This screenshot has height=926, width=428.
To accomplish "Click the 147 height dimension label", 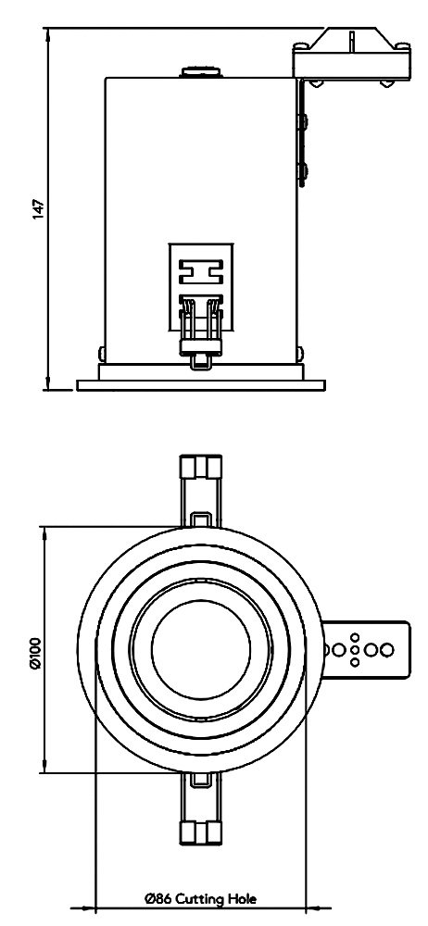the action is coord(38,209).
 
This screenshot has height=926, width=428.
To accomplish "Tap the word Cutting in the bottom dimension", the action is coord(200,900).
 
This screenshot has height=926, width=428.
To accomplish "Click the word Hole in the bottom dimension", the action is coord(243,899).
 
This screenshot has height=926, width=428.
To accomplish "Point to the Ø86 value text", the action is coord(158,899).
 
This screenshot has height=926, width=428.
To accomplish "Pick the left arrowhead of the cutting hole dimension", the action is coord(86,907).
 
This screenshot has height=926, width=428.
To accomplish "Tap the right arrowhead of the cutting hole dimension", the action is coord(314,907).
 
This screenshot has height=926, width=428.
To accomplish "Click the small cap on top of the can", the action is coord(200,72).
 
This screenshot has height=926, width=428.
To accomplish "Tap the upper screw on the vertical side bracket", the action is coord(304,122).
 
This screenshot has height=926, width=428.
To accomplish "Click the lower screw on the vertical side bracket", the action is coord(304,173).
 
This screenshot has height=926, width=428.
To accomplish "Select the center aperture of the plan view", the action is coord(201,649).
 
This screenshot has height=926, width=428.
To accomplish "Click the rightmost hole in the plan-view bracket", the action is coord(387,650).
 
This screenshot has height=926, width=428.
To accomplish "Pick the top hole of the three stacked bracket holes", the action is coord(355,638).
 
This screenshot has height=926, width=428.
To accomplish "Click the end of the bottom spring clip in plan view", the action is coord(200,833).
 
